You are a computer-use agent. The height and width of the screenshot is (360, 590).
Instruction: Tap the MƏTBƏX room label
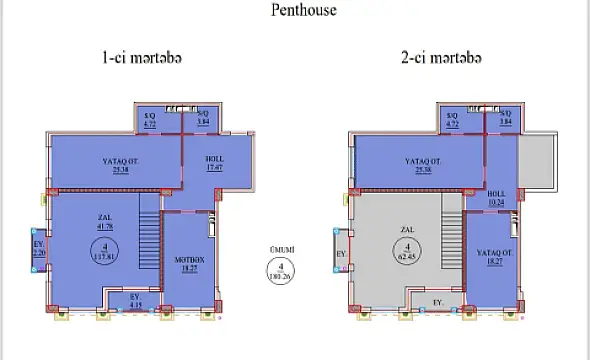tap(190, 263)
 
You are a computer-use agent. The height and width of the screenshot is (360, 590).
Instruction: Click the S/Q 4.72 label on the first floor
tap(151, 121)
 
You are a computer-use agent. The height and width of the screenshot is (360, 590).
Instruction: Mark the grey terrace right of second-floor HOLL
tap(534, 163)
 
